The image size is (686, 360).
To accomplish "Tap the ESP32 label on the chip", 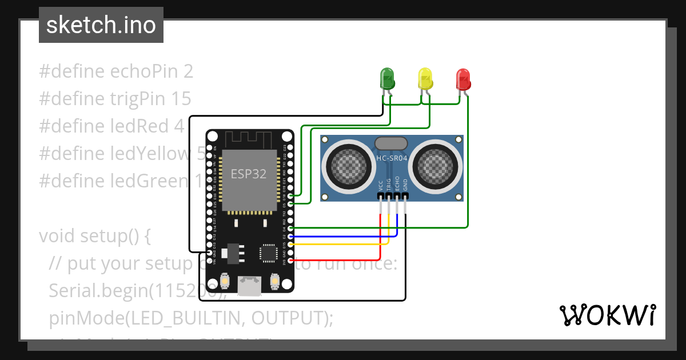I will tap(248, 174).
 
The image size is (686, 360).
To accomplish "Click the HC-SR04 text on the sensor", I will tap(391, 159).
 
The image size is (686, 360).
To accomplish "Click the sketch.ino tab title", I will tap(101, 25).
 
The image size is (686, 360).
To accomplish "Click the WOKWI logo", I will tap(607, 315).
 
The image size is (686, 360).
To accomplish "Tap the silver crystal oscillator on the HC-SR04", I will tap(391, 143).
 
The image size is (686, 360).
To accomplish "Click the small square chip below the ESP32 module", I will tap(268, 253).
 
